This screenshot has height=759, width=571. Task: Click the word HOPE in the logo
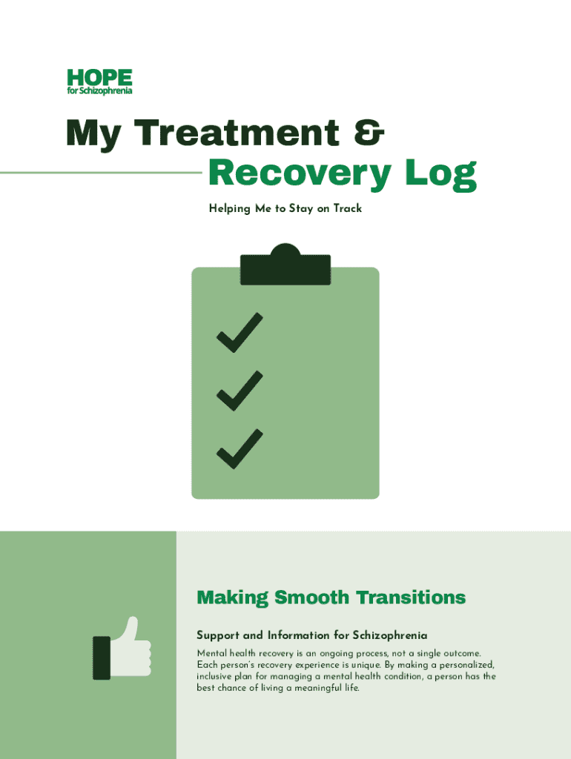[x=100, y=77]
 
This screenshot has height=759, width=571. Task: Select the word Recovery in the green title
[x=300, y=173]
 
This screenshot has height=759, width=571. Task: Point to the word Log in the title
[x=440, y=173]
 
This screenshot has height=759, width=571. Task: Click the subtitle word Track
[x=348, y=208]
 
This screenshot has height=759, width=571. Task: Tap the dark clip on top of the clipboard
[x=285, y=265]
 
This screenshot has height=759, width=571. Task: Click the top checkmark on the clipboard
[x=240, y=333]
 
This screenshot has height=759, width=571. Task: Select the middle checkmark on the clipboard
[x=240, y=391]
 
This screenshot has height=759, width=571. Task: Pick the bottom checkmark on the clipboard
[x=240, y=449]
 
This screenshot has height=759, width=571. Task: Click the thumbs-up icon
[x=122, y=648]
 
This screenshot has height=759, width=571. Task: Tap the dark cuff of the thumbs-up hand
[x=102, y=658]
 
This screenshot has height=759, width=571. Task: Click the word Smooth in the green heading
[x=311, y=597]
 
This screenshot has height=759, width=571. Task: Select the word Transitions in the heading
[x=411, y=597]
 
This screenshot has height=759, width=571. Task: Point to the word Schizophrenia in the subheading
[x=390, y=635]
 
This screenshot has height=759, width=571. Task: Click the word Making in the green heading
[x=232, y=598]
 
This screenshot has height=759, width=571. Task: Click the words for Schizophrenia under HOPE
[x=100, y=91]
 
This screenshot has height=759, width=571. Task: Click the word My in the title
[x=93, y=133]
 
